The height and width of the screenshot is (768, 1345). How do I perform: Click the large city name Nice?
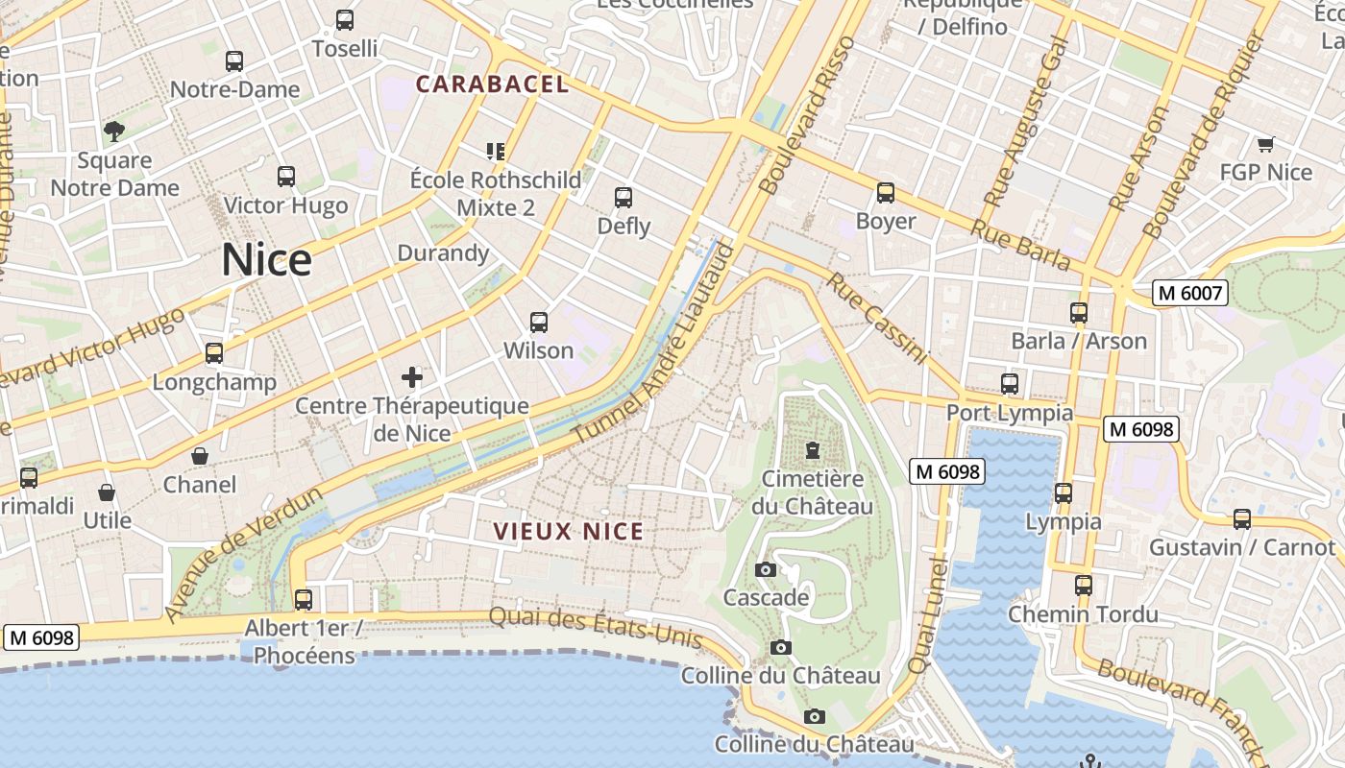266,260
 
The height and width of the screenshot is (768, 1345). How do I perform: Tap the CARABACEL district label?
492,84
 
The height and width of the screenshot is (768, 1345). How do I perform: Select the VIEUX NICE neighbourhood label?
568,531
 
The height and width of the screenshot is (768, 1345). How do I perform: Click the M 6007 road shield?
1190,293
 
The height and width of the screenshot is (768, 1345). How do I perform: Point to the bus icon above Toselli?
344,19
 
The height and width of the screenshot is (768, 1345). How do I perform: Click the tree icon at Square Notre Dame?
114,131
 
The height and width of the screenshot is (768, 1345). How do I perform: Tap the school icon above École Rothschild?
496,151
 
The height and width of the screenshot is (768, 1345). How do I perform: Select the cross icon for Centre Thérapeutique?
412,376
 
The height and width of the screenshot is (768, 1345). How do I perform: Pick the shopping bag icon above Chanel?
200,456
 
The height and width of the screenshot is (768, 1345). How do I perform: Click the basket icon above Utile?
107,492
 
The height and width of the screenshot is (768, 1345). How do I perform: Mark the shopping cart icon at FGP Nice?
1265,144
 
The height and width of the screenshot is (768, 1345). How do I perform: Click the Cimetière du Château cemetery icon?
813,449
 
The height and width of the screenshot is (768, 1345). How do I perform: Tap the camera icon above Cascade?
766,569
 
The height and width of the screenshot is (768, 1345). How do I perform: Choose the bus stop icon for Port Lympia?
1010,384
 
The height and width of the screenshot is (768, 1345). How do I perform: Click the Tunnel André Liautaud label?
655,344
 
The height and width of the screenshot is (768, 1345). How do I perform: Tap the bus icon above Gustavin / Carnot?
1242,519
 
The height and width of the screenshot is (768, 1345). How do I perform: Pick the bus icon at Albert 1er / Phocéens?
304,600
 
